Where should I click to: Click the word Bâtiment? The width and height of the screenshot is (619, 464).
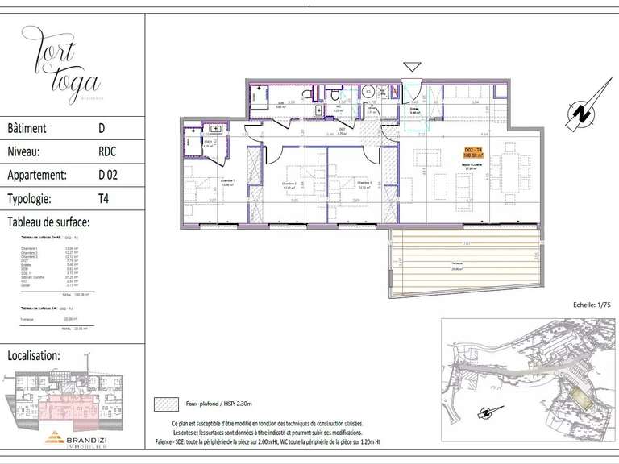click(27, 128)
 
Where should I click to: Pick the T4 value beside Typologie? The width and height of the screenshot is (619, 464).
click(104, 197)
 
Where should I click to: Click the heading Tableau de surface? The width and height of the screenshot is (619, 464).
click(48, 222)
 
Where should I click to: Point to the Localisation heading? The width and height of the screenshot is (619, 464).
click(33, 354)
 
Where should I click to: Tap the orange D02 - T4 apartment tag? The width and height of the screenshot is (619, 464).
click(473, 152)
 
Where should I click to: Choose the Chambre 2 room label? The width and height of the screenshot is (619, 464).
click(289, 184)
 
